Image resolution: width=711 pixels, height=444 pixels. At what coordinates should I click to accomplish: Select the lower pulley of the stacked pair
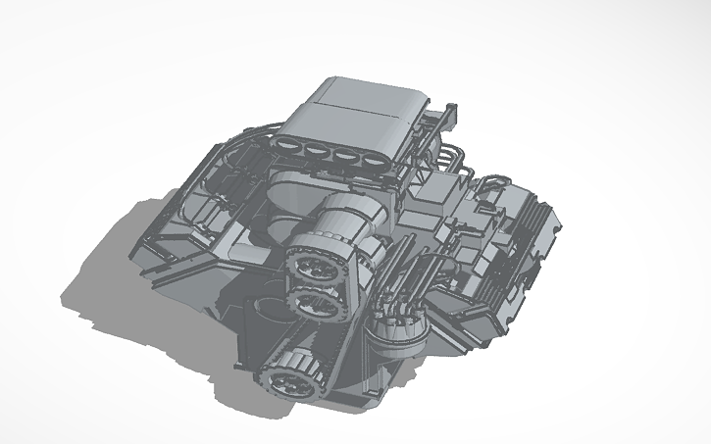[x=318, y=304]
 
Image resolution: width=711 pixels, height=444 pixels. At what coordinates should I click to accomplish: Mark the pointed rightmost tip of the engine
[x=565, y=226]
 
